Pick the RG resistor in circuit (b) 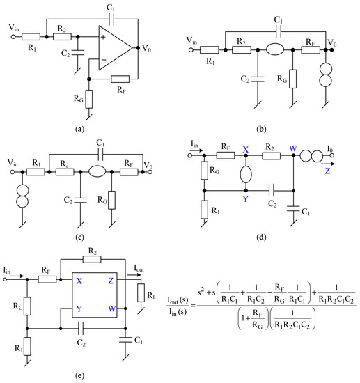tap(292, 77)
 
